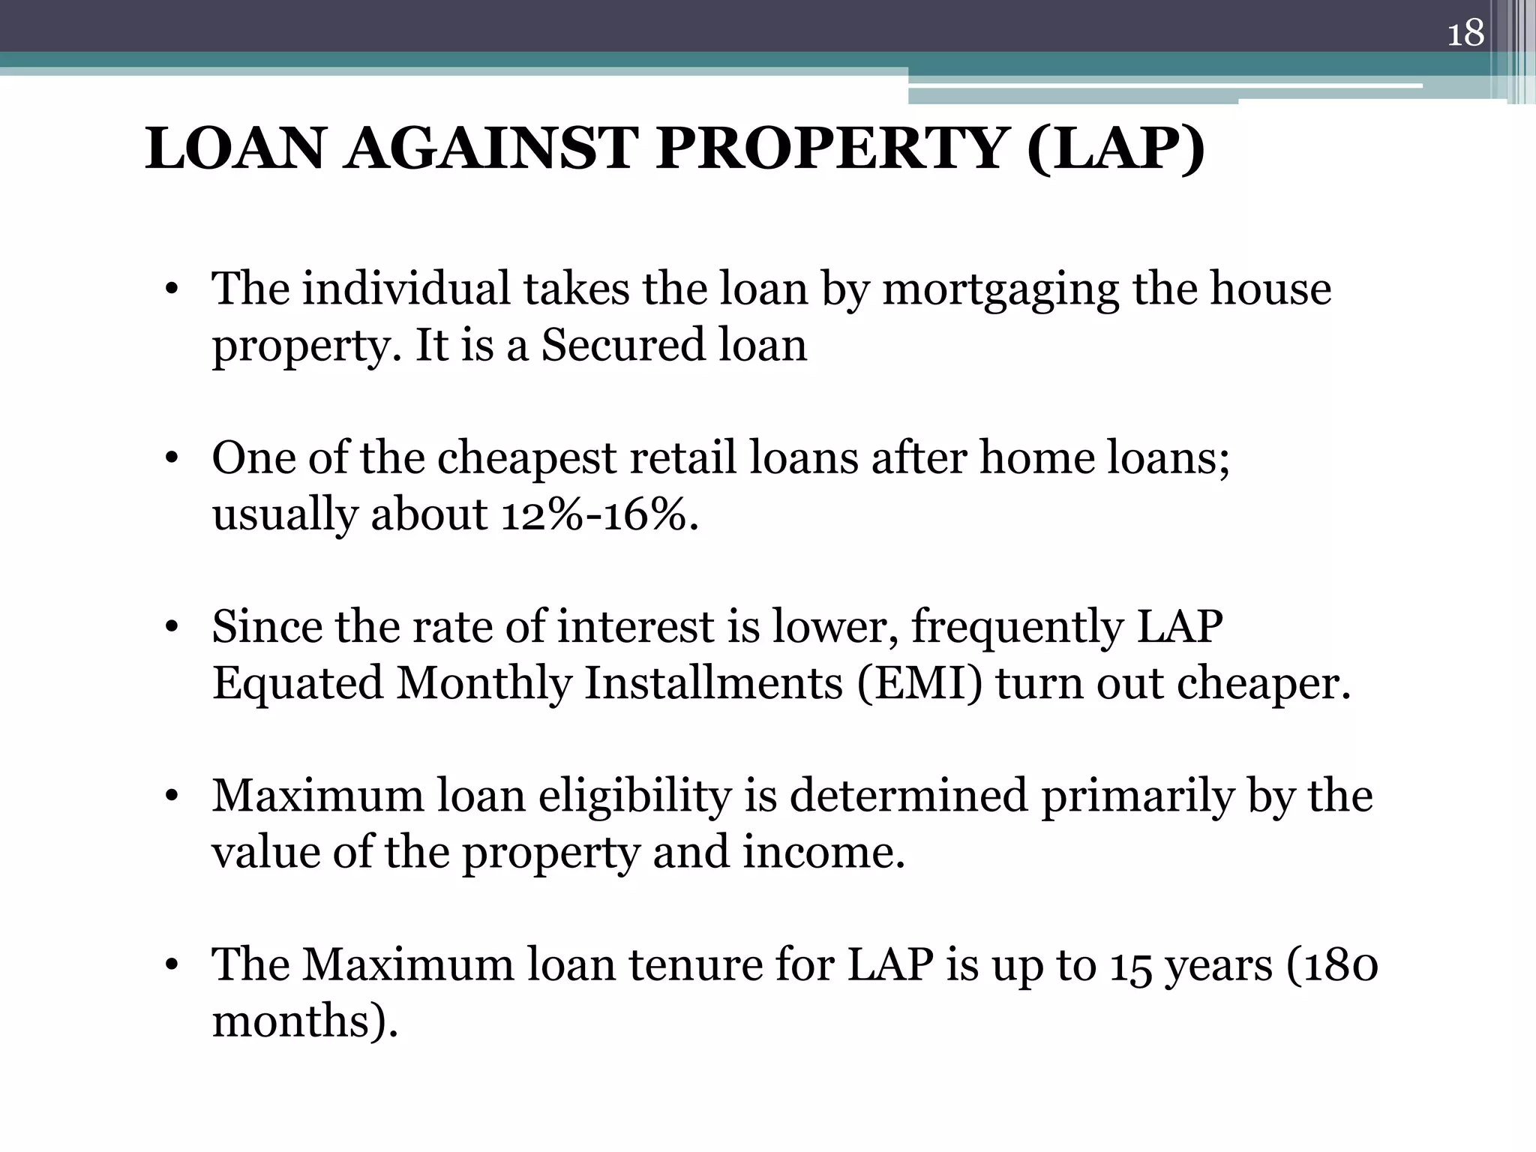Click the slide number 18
click(1465, 34)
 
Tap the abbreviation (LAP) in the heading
click(1116, 148)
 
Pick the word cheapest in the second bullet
click(526, 458)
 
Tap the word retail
click(683, 458)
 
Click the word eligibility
click(634, 796)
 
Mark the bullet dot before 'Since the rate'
click(172, 628)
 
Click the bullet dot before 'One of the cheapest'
click(172, 459)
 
